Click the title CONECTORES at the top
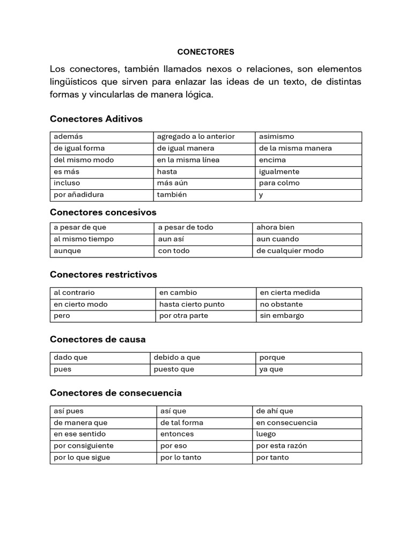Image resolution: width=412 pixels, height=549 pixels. coord(206,52)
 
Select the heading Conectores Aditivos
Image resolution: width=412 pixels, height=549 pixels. coord(96,118)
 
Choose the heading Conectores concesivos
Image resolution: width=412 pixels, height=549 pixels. coord(103,212)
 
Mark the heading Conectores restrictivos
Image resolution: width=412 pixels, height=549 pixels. coord(104,274)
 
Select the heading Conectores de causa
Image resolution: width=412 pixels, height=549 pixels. coord(98,339)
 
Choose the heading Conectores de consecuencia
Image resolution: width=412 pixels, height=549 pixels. coord(116,393)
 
